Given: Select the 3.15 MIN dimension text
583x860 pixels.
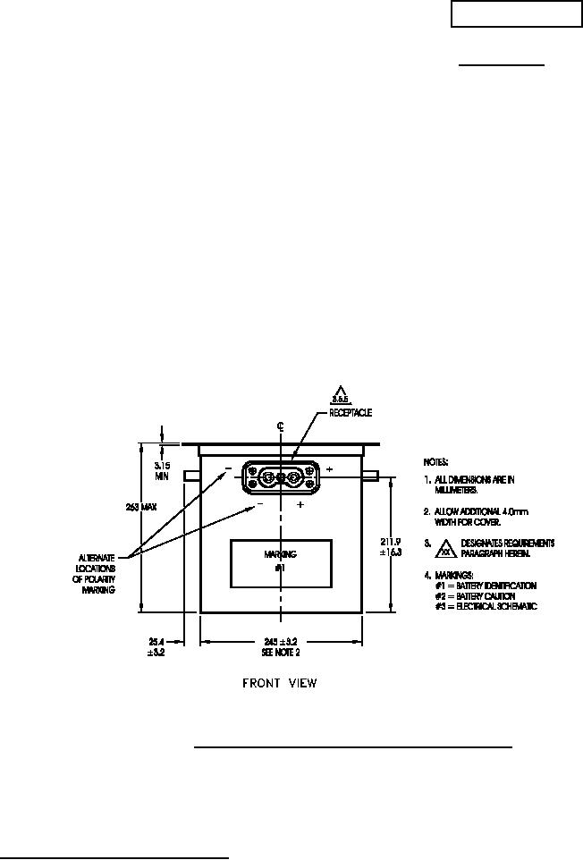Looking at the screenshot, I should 162,470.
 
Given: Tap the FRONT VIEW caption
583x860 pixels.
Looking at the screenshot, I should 280,684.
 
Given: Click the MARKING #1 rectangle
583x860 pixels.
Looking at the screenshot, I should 281,563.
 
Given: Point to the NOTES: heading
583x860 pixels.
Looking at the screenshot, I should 435,462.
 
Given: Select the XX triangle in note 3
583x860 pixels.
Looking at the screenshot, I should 444,548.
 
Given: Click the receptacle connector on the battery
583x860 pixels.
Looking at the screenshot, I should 281,476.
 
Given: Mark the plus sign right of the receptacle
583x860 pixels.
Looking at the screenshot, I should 329,469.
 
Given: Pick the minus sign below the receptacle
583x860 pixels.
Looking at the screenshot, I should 260,504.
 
